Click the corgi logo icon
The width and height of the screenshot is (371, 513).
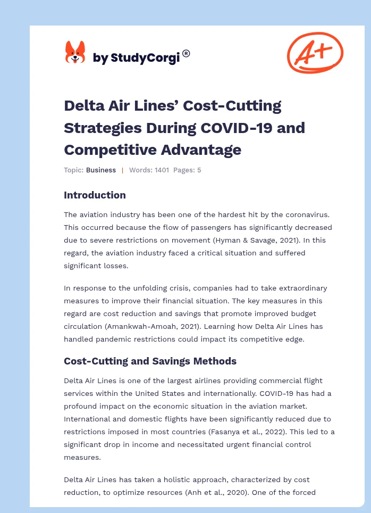pos(75,52)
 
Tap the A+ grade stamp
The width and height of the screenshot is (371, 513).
pos(315,52)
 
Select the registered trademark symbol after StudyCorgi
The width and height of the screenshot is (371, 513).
pos(186,53)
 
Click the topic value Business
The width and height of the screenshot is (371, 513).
pos(101,170)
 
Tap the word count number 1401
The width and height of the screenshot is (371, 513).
pos(162,170)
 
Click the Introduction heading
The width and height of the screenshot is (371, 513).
pos(95,195)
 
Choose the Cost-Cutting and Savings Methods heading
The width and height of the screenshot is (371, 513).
pos(150,361)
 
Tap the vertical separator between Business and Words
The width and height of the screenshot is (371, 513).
pos(122,170)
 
